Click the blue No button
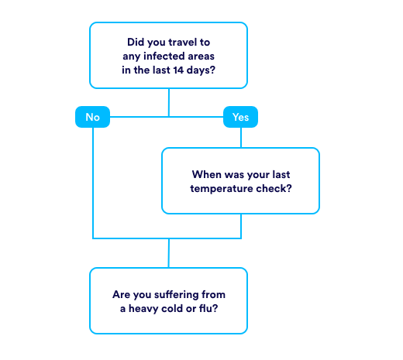(92, 117)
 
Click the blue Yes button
(240, 117)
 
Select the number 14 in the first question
(178, 70)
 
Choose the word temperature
(222, 189)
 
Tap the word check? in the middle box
(274, 188)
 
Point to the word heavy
(143, 309)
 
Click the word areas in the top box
(201, 56)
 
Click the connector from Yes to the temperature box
(241, 138)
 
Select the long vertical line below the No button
(93, 183)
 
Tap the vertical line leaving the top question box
(169, 102)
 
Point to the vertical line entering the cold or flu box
(169, 253)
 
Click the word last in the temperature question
(281, 174)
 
